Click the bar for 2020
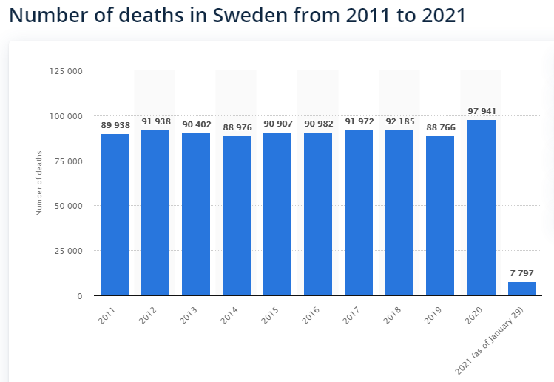pos(482,207)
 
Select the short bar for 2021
pos(522,289)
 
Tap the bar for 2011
pos(115,215)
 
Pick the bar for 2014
pos(237,215)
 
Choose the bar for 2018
pos(399,213)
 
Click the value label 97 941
pos(482,111)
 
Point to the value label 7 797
pos(522,273)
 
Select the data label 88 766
pos(441,127)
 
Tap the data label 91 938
pos(156,121)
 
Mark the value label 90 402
pos(197,124)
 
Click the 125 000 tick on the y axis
pos(66,71)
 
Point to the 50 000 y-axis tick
pos(68,206)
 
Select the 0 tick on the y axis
pos(80,296)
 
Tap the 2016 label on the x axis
pos(311,315)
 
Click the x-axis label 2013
pos(189,315)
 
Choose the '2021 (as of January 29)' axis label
pos(489,341)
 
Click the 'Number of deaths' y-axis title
pos(39,183)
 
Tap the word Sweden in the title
pos(250,15)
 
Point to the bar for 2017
pos(359,213)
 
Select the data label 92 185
pos(400,121)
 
